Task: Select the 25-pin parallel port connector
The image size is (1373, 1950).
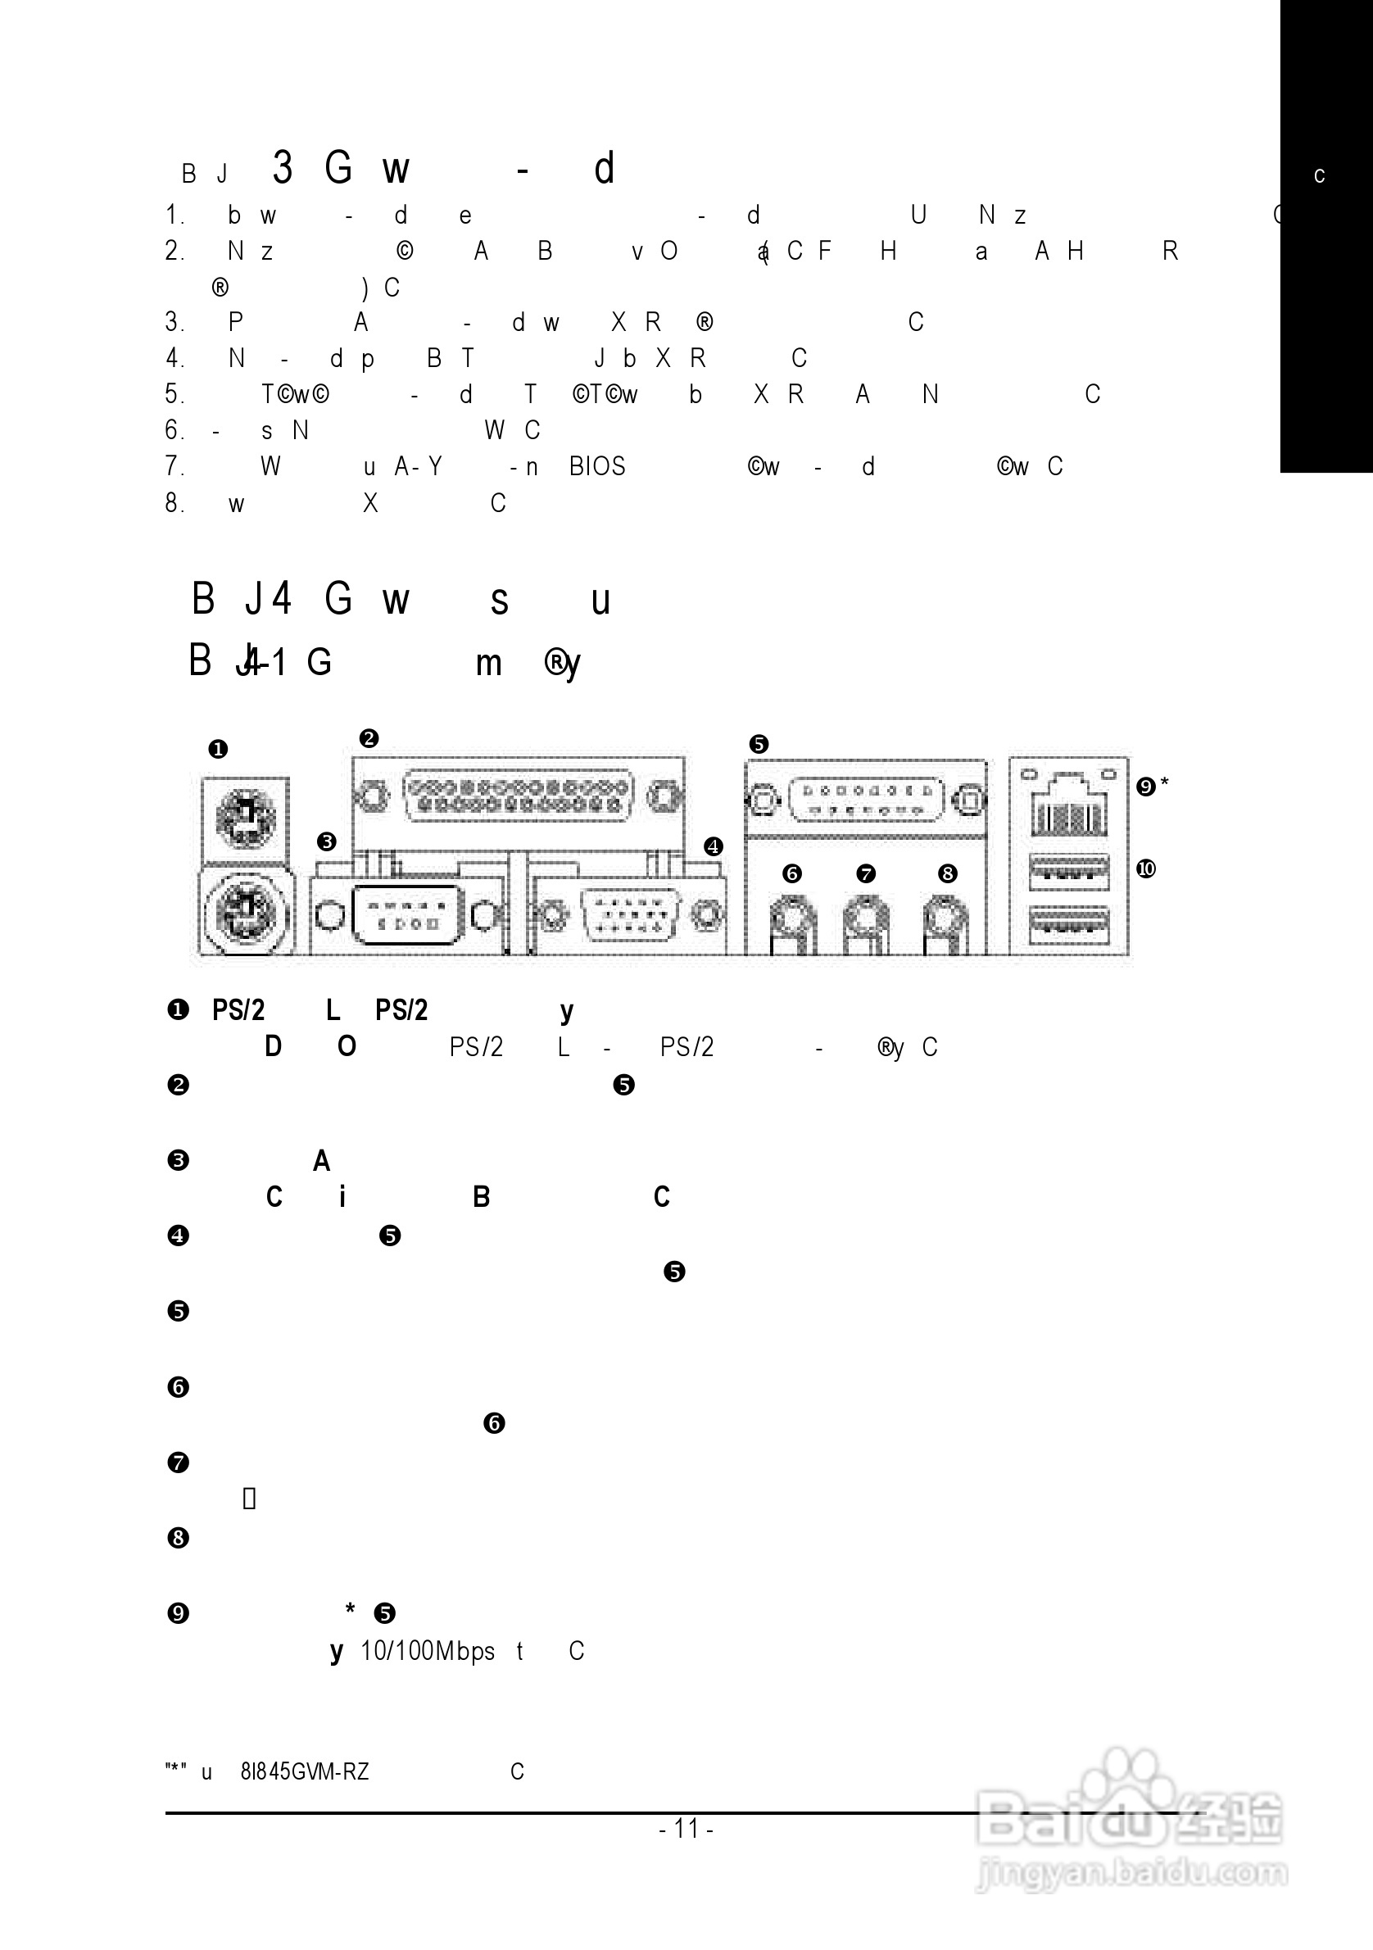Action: click(x=518, y=796)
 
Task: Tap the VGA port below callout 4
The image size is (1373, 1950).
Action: click(x=628, y=915)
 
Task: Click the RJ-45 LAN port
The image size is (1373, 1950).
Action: click(x=1069, y=807)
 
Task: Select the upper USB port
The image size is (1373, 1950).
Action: click(x=1069, y=873)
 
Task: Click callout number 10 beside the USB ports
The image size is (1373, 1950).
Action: click(x=1146, y=868)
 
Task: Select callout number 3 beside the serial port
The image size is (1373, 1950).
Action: click(x=327, y=842)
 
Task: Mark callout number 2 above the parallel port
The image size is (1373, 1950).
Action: click(x=369, y=738)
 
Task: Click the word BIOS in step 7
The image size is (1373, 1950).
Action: click(x=597, y=466)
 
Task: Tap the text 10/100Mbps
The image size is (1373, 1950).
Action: click(x=427, y=1651)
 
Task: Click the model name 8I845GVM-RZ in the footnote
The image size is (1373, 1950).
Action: click(x=305, y=1771)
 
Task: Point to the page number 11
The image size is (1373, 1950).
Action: click(x=686, y=1829)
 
